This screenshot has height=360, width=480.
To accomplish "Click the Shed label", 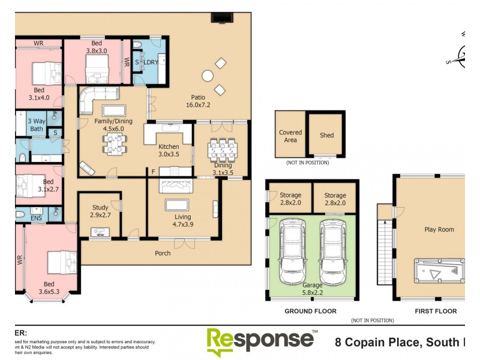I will click(x=326, y=135).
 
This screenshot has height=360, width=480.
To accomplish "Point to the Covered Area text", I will click(x=290, y=136).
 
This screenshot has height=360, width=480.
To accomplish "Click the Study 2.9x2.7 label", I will click(x=100, y=211).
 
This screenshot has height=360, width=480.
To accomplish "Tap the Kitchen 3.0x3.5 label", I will click(x=169, y=150).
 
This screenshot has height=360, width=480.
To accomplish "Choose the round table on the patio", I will click(x=208, y=76).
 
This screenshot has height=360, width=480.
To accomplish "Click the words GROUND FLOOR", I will click(x=310, y=311).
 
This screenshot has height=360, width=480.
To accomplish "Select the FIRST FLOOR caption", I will click(x=436, y=311).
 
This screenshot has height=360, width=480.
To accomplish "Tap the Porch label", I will click(x=163, y=253).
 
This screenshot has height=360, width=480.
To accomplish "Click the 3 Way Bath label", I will click(x=36, y=125).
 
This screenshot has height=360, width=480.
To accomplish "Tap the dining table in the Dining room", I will click(x=222, y=148).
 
